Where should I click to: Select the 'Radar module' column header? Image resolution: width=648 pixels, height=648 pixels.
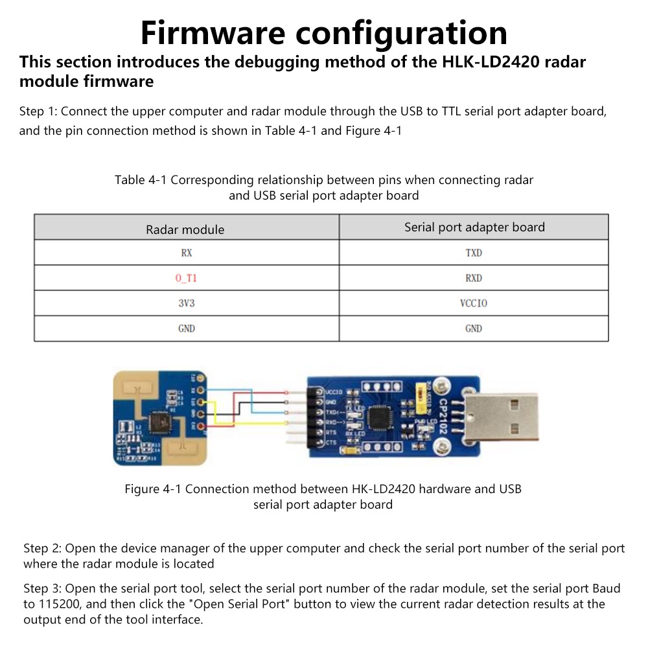pyautogui.click(x=185, y=229)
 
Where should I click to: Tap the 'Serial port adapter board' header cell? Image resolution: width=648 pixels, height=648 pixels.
pyautogui.click(x=474, y=227)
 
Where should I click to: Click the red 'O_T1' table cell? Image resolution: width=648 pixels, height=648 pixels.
pyautogui.click(x=186, y=278)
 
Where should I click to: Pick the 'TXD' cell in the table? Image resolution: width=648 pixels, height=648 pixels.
pyautogui.click(x=474, y=253)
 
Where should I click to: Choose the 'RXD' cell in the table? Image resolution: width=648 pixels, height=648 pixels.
pyautogui.click(x=474, y=278)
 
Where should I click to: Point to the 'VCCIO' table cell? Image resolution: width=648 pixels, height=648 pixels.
pyautogui.click(x=474, y=303)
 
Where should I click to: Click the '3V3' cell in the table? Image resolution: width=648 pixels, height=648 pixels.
pyautogui.click(x=186, y=303)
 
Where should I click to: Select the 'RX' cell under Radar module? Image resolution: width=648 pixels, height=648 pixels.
pyautogui.click(x=186, y=253)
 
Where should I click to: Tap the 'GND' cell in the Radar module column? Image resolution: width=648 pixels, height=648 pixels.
pyautogui.click(x=186, y=329)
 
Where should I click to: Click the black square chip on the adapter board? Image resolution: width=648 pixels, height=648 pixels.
pyautogui.click(x=378, y=417)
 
